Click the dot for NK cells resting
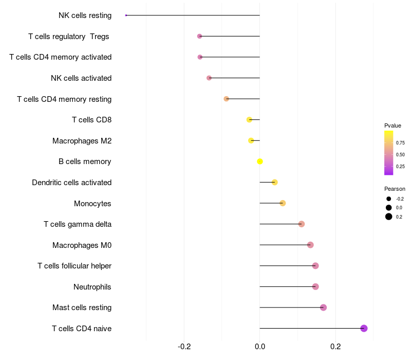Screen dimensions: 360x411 pos(126,15)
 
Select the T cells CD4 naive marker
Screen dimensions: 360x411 pos(364,328)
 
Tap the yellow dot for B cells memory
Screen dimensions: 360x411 pos(260,161)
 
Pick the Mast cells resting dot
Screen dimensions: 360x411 pos(323,308)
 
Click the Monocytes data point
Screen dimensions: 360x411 pos(283,203)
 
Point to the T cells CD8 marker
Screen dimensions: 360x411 pos(249,119)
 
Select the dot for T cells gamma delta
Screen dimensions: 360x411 pos(302,224)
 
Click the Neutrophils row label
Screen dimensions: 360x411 pos(92,286)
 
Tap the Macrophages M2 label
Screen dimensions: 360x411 pos(82,140)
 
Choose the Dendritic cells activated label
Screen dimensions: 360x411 pos(71,183)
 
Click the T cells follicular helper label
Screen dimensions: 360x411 pos(74,266)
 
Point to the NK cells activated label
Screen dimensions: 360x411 pos(81,78)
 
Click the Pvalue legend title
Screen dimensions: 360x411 pos(393,125)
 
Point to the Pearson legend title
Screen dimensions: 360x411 pos(395,189)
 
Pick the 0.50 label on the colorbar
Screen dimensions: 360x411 pos(400,154)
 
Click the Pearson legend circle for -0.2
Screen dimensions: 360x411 pos(389,199)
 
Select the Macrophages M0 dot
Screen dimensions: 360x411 pos(310,245)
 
